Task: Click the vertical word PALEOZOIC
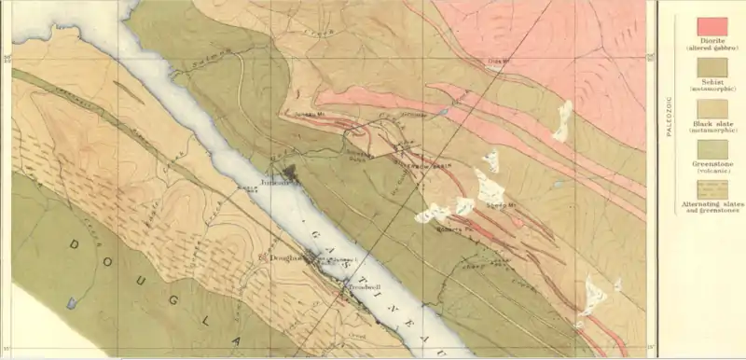(670, 112)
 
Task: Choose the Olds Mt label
(502, 62)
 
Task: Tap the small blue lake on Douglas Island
(73, 302)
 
